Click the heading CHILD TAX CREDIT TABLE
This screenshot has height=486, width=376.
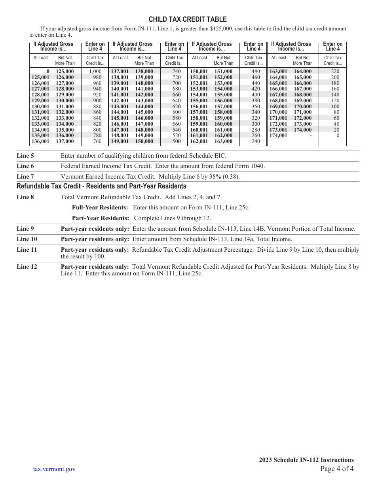(x=188, y=19)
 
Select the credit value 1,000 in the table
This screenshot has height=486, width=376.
(x=95, y=72)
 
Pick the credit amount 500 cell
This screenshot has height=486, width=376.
(x=177, y=141)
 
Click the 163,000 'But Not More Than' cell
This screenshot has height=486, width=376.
(x=224, y=141)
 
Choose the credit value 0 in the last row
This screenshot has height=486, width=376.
(x=338, y=136)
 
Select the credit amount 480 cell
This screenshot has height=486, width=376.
(x=256, y=72)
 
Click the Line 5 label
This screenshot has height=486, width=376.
(x=25, y=156)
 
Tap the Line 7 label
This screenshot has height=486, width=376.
(x=25, y=177)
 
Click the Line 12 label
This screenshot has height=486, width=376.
(x=27, y=267)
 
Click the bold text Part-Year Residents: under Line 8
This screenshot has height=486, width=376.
(x=101, y=218)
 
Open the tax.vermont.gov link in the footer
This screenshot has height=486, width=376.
(x=54, y=469)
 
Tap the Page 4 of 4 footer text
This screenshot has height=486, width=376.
(x=337, y=469)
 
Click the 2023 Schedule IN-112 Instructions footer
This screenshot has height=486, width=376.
(x=306, y=460)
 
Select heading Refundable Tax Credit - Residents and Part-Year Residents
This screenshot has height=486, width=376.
(x=101, y=186)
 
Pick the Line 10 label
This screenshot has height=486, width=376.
(x=27, y=239)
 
